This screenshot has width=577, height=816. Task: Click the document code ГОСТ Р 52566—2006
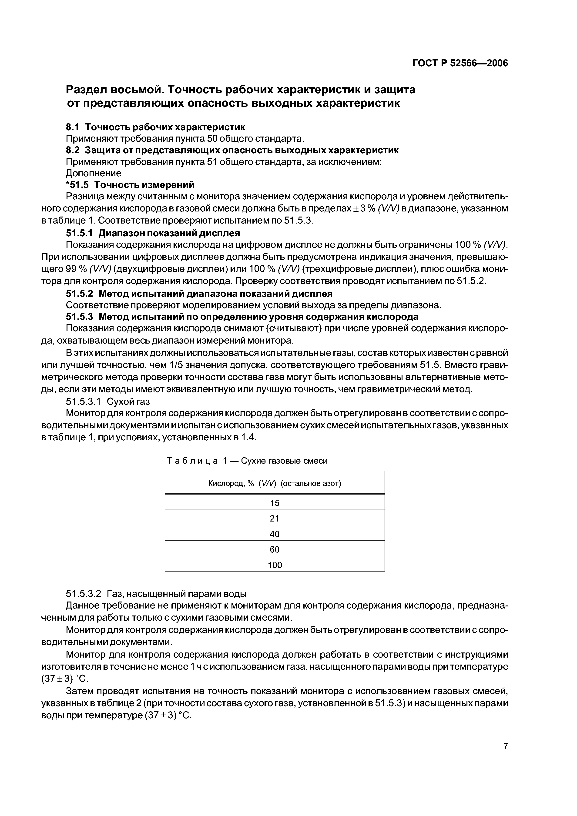[x=460, y=63]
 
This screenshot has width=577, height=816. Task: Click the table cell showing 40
[x=275, y=534]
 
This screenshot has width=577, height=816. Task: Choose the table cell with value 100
[x=275, y=565]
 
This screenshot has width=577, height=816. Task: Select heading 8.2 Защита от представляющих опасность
[x=232, y=150]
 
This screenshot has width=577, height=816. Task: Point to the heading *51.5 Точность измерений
[x=130, y=185]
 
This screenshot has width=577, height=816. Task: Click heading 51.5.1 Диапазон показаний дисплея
[x=153, y=233]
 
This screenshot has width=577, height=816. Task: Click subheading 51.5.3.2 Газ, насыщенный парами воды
[x=156, y=594]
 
